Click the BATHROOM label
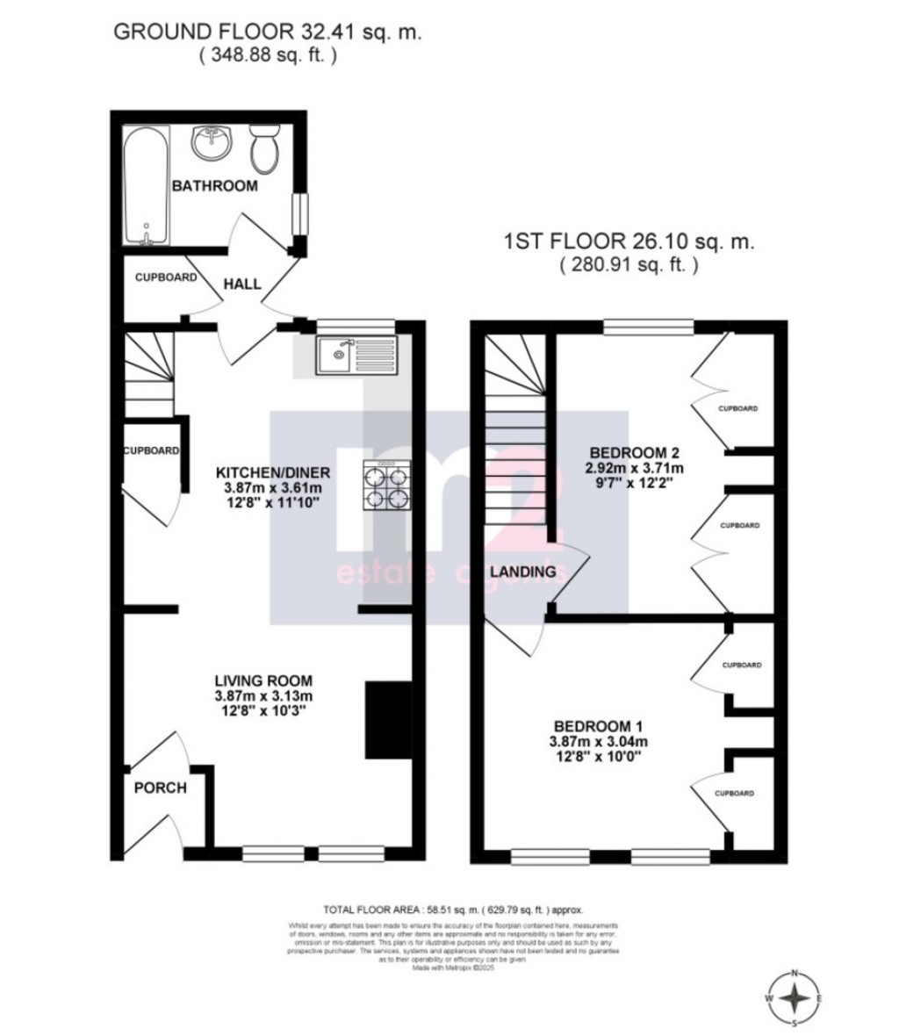click(x=214, y=186)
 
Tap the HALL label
click(x=241, y=284)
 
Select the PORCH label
click(x=160, y=788)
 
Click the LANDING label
click(x=522, y=572)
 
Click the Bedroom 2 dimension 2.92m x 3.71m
click(x=635, y=469)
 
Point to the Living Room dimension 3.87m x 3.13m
click(x=263, y=696)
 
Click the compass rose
click(x=795, y=998)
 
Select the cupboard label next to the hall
click(x=165, y=277)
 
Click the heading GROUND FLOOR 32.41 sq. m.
click(x=269, y=32)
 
